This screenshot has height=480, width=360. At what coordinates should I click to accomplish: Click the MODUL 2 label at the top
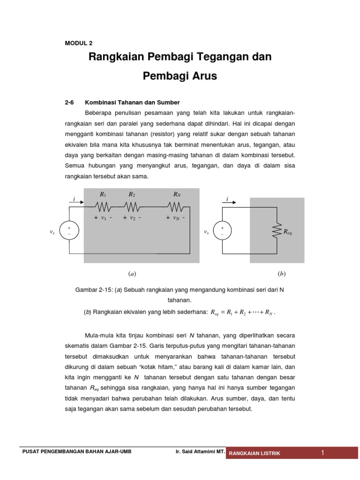tap(78, 43)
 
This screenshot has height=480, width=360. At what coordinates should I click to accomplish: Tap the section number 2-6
tap(69, 102)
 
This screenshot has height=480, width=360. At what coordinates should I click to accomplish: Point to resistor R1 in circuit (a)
tap(103, 206)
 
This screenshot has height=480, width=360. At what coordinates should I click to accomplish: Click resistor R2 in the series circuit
tap(132, 206)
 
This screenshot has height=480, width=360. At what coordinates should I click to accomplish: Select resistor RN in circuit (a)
tap(176, 206)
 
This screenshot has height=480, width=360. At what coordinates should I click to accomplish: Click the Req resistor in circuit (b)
tap(277, 231)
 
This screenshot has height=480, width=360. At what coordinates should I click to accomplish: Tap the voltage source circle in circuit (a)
tap(69, 231)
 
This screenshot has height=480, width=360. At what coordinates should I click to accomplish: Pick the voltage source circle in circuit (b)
tap(222, 231)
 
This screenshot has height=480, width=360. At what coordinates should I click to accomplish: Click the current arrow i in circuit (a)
tap(76, 202)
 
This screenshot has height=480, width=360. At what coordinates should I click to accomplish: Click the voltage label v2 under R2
tap(132, 218)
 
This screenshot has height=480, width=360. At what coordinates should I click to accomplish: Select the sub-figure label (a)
tap(132, 273)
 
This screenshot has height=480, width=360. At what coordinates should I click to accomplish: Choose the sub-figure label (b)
tap(281, 273)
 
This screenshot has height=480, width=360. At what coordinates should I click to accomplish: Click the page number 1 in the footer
tap(322, 452)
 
